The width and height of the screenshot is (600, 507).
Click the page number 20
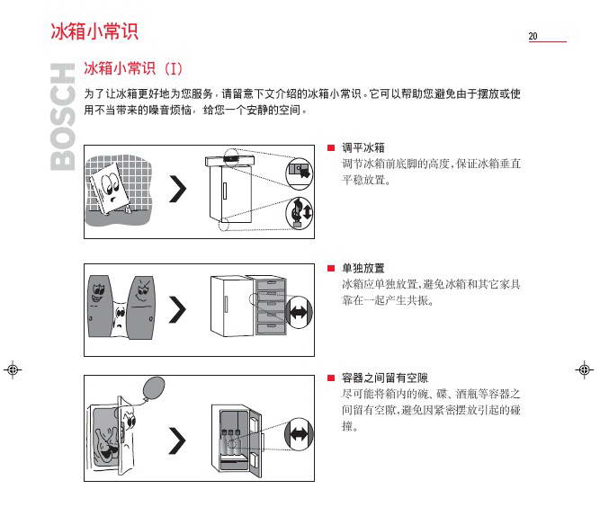tap(533, 36)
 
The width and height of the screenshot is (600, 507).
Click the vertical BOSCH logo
tap(62, 117)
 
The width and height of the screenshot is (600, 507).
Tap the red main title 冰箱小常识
tap(94, 31)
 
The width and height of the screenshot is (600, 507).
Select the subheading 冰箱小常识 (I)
tap(133, 68)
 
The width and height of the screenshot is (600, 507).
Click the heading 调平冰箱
tap(363, 147)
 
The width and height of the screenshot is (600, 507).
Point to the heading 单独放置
tap(363, 268)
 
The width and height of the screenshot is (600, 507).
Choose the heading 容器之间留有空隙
tap(385, 378)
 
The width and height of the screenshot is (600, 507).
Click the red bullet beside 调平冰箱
tap(331, 148)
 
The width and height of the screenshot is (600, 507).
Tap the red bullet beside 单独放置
tap(331, 269)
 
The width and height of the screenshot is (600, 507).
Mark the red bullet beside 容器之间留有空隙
tap(331, 378)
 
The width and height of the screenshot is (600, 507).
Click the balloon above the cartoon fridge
tap(154, 387)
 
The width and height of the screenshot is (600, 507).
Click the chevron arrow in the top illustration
tap(177, 190)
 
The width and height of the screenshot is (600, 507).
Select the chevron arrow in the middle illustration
tap(177, 309)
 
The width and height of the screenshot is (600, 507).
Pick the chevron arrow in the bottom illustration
tap(177, 440)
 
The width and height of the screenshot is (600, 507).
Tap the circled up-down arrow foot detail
tap(300, 213)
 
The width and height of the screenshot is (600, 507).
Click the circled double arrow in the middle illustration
tap(300, 313)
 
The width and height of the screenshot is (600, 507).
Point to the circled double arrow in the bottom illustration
tap(299, 434)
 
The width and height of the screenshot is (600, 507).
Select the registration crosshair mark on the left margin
tap(13, 369)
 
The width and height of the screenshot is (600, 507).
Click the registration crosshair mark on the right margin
tap(585, 369)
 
